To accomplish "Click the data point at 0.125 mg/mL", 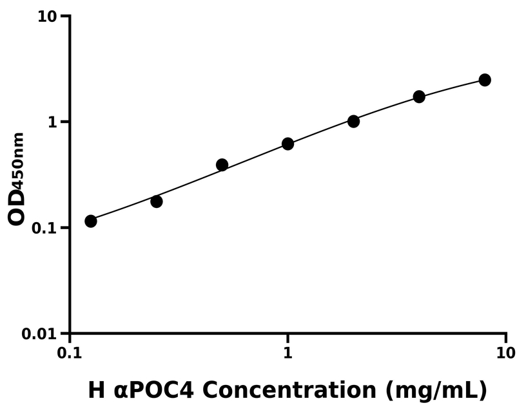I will pyautogui.click(x=91, y=221).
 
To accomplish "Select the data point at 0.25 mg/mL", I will pyautogui.click(x=157, y=201).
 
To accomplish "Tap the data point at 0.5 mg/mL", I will pyautogui.click(x=222, y=165).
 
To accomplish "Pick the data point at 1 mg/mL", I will pyautogui.click(x=288, y=144).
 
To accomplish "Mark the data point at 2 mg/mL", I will pyautogui.click(x=354, y=121).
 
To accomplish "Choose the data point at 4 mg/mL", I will pyautogui.click(x=419, y=97).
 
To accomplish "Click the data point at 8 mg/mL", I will pyautogui.click(x=485, y=80).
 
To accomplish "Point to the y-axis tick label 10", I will pyautogui.click(x=46, y=16).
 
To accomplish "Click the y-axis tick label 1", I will pyautogui.click(x=53, y=122).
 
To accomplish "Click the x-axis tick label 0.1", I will pyautogui.click(x=70, y=353).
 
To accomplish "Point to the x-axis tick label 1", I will pyautogui.click(x=288, y=353).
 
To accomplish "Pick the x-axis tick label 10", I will pyautogui.click(x=506, y=353).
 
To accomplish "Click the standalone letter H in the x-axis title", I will pyautogui.click(x=96, y=389).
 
